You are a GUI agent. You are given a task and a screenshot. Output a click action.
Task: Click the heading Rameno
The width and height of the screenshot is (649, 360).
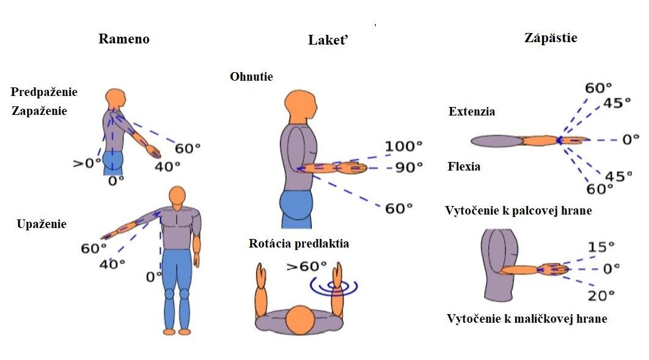coord(124,39)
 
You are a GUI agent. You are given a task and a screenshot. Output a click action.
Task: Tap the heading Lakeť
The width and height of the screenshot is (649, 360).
coord(332,41)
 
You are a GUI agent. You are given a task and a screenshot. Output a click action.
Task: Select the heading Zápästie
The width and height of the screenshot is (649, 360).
coord(551,38)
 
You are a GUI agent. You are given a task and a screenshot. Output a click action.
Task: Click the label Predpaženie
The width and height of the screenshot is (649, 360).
coord(44,92)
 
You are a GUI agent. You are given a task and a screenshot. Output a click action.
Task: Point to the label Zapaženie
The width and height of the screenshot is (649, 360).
coord(39,111)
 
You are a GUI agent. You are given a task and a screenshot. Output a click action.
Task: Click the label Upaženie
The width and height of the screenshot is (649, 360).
coord(42,224)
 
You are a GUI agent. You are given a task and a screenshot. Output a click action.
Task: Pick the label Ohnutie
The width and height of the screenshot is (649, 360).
coord(251,77)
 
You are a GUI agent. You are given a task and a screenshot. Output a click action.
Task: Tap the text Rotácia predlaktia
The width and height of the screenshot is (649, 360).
coord(299,244)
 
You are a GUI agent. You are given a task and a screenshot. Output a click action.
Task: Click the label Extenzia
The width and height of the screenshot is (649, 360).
coord(472,112)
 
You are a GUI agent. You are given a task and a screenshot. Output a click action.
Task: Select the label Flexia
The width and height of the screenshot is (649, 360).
coord(464,166)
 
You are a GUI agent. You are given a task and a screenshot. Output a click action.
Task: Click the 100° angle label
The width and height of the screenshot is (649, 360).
coord(403,147)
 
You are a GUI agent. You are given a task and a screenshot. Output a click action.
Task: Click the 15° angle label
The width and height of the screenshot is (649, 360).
coord(601,247)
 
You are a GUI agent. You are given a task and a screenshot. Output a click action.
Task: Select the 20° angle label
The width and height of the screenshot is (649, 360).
coord(601,296)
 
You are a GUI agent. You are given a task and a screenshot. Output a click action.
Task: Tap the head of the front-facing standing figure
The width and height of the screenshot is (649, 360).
coord(177,196)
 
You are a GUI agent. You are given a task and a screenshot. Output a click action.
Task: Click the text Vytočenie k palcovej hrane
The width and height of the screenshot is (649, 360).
coord(518,211)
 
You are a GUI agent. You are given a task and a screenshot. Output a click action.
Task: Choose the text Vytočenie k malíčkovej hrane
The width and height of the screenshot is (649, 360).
coord(527,318)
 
